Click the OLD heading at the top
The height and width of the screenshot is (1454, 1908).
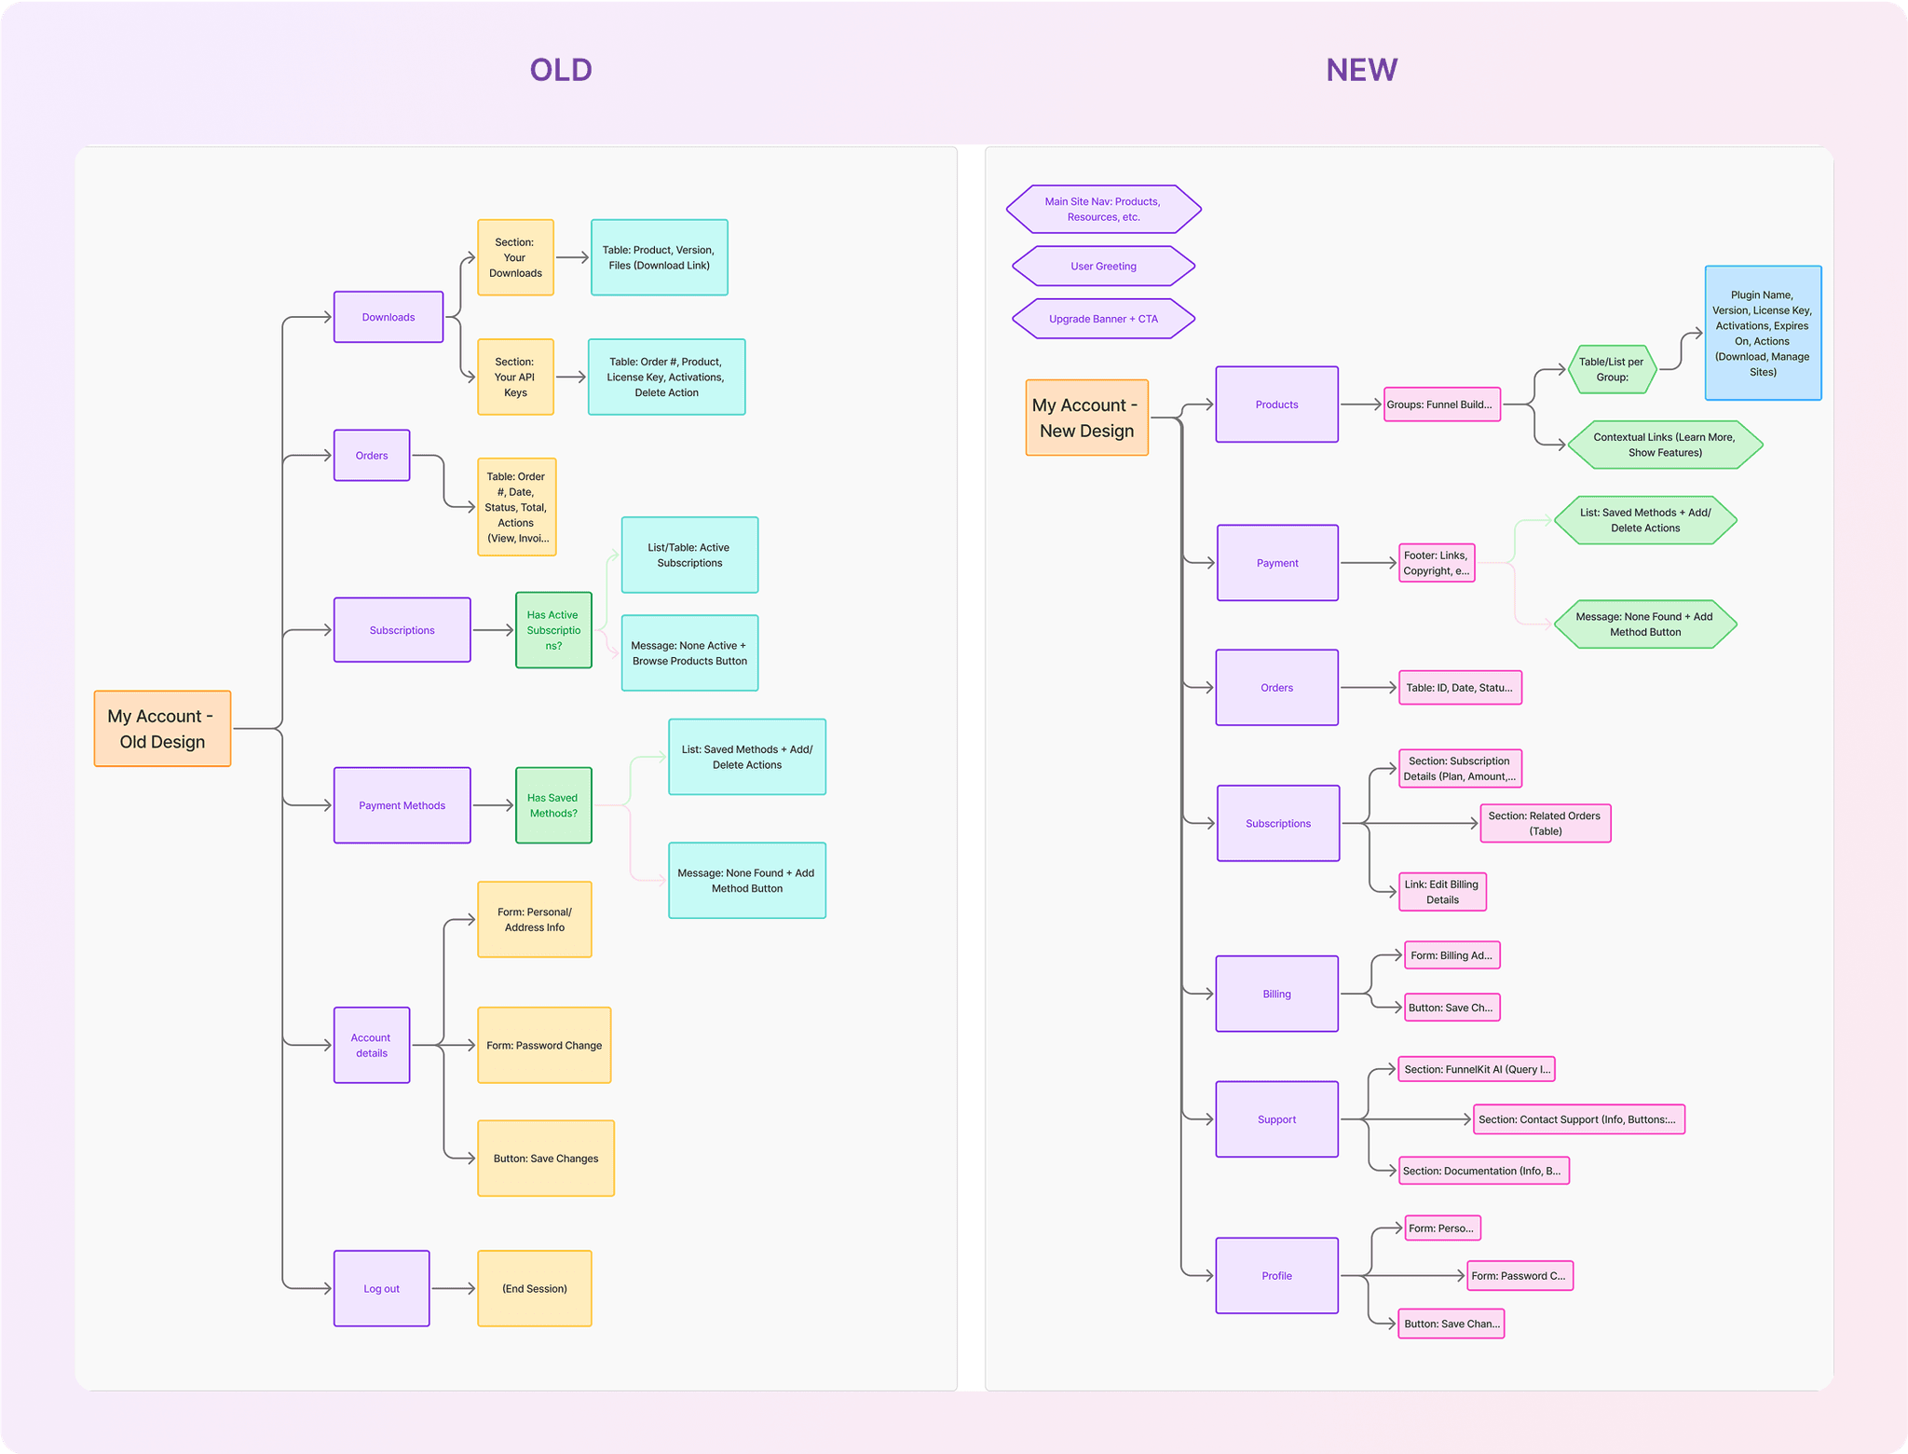(x=561, y=70)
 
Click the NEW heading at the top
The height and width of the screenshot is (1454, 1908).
(x=1361, y=70)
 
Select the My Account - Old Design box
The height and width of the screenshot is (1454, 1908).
(x=162, y=729)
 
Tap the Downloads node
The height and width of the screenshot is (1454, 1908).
(x=388, y=317)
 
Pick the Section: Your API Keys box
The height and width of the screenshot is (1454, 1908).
(x=515, y=377)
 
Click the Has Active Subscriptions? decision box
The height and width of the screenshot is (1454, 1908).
(x=553, y=630)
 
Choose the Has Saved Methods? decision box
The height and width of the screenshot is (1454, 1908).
(x=553, y=805)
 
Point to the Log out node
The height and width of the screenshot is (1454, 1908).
(x=381, y=1288)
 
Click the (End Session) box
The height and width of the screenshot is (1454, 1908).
(x=534, y=1288)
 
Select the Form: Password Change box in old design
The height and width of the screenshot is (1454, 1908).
(x=544, y=1045)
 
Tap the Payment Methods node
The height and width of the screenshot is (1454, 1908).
(x=402, y=805)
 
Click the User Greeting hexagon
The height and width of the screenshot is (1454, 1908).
(x=1103, y=267)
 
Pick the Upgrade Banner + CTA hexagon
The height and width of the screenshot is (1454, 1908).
(x=1103, y=319)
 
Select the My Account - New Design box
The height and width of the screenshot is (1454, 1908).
(x=1086, y=418)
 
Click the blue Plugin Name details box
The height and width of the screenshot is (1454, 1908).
(x=1763, y=333)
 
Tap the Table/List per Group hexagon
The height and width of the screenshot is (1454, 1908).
(x=1612, y=369)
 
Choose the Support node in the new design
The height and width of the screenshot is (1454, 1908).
(x=1276, y=1119)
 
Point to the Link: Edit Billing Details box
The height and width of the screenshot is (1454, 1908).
(x=1442, y=892)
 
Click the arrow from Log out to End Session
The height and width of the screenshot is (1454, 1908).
(x=454, y=1288)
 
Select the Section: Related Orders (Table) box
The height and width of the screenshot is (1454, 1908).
(x=1545, y=823)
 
